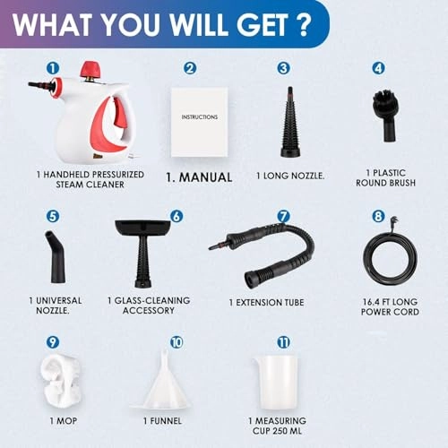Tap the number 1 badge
tap(53, 67)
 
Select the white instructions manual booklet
tap(199, 117)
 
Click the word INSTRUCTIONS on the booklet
tap(199, 116)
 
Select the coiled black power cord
tap(391, 260)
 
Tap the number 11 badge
tap(283, 341)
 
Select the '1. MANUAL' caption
tap(199, 177)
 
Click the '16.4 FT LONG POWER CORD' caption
tap(392, 307)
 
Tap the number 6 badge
tap(176, 216)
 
